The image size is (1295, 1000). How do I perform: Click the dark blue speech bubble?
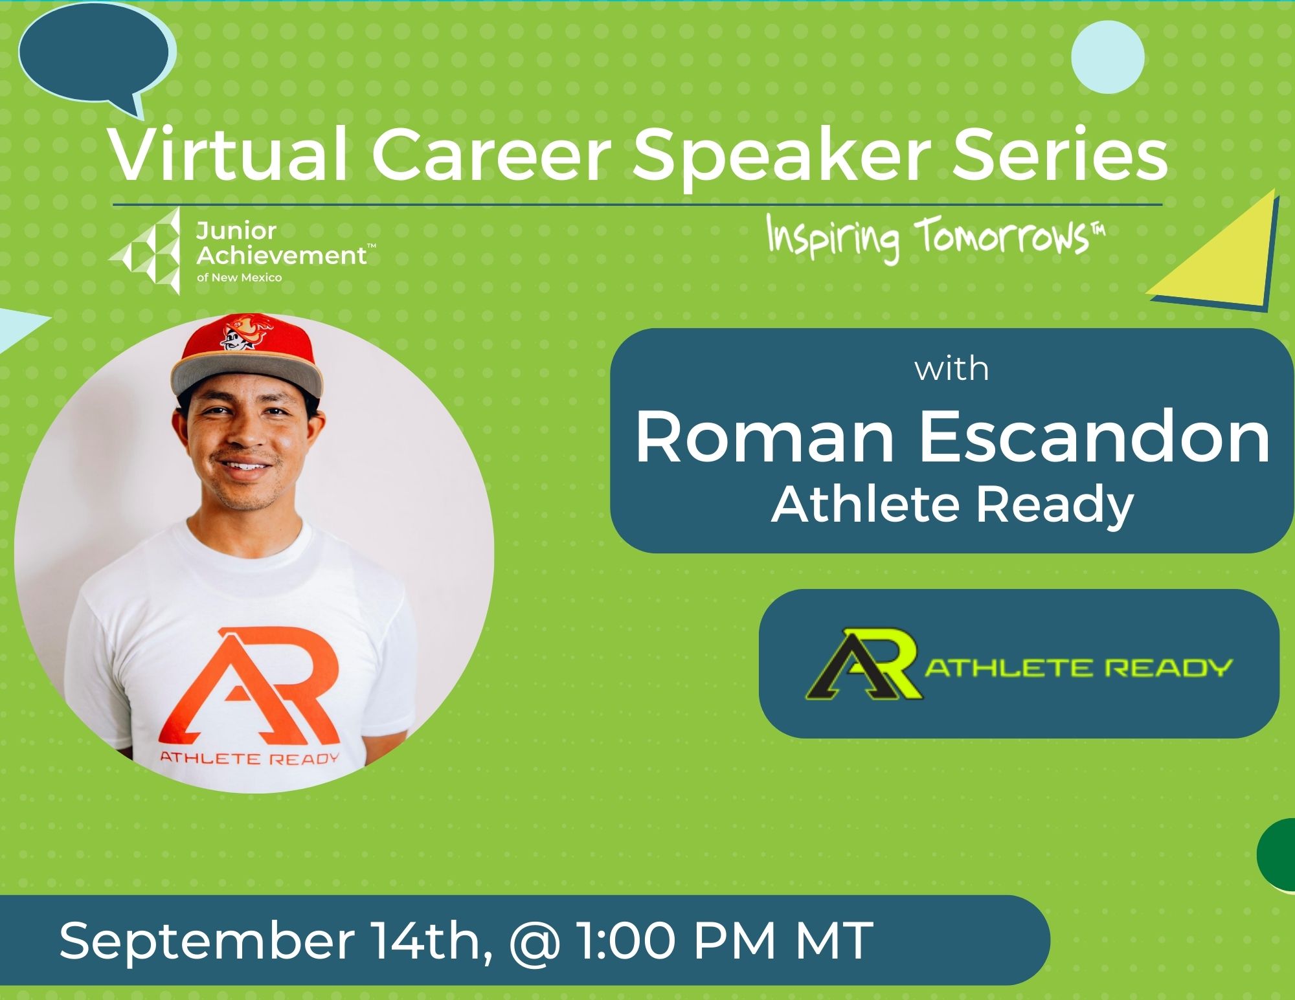tap(96, 55)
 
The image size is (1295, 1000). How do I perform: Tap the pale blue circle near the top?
tap(1107, 57)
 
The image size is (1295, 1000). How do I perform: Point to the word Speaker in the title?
tap(783, 157)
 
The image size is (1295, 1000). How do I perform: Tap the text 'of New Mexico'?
tap(239, 278)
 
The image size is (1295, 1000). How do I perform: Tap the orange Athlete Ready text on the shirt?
tap(249, 757)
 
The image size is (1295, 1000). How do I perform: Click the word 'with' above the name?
tap(951, 369)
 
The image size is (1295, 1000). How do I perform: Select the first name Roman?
tap(765, 439)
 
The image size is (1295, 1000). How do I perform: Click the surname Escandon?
tap(1094, 439)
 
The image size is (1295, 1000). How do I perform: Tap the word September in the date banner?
tap(207, 942)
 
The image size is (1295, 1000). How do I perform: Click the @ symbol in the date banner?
tap(535, 942)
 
